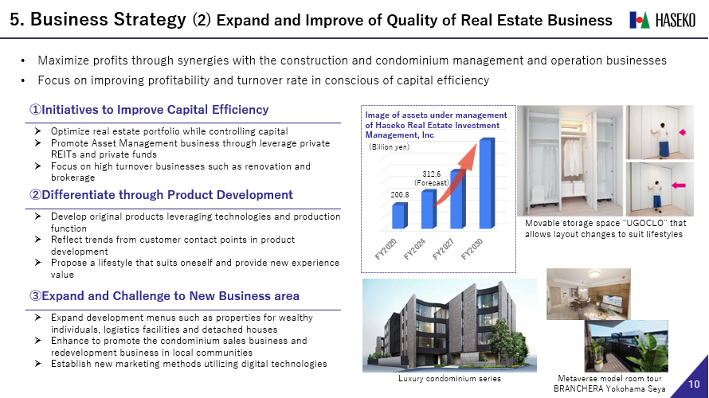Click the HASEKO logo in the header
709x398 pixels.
tap(663, 20)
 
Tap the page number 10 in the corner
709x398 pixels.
tap(694, 384)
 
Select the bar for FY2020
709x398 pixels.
tap(400, 216)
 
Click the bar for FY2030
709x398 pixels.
tap(487, 183)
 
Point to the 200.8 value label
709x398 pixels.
tap(400, 195)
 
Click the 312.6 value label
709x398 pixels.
tap(431, 174)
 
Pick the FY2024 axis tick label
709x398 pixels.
tap(414, 249)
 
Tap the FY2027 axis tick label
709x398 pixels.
tap(443, 249)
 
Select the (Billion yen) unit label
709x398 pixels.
tap(390, 146)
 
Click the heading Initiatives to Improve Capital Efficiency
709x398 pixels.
tap(149, 110)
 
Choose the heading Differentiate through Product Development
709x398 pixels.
tap(161, 195)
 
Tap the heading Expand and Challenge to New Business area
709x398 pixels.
tap(164, 296)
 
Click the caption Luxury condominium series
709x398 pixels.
tap(449, 379)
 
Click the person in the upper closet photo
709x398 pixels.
tap(664, 139)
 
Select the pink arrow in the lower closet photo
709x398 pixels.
tap(678, 185)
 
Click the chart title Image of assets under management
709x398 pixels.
tap(436, 115)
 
